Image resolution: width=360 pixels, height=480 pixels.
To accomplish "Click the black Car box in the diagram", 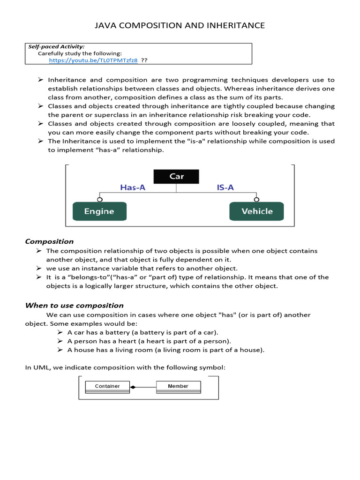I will [177, 176].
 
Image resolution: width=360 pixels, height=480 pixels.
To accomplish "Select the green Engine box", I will [99, 211].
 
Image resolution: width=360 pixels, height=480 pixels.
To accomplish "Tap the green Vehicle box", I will [256, 211].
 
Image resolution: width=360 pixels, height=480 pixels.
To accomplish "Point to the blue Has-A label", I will [133, 187].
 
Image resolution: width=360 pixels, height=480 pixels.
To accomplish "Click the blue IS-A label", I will [225, 187].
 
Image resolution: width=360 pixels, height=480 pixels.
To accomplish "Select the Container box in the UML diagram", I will [107, 386].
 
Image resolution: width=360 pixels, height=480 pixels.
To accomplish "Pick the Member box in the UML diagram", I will [178, 386].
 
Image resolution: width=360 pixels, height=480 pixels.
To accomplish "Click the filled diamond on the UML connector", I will [133, 387].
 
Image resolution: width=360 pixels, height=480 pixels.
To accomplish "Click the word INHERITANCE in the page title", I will [231, 25].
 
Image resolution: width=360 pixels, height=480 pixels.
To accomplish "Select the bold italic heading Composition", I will [49, 241].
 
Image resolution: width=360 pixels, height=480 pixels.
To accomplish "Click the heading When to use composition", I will [74, 305].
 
